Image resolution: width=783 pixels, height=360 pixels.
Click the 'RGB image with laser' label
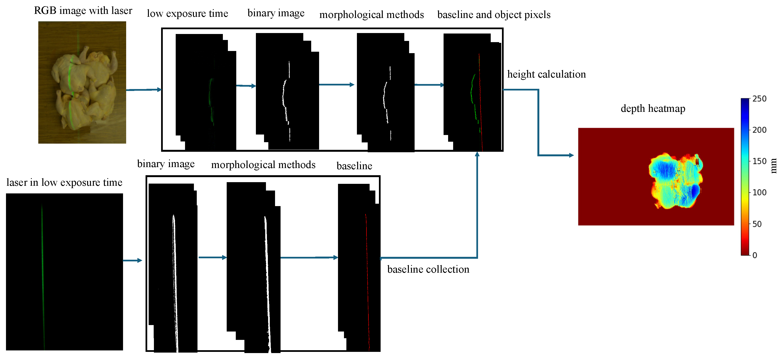83,11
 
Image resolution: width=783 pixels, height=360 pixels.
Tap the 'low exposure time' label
187,13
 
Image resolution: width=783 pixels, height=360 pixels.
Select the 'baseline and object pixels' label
494,15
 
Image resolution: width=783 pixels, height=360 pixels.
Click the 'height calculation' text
546,74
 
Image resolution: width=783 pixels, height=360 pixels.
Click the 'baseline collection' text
428,269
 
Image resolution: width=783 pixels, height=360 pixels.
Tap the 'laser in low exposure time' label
64,182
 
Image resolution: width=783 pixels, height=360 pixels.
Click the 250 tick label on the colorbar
759,99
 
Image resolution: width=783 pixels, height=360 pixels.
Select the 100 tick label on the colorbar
759,192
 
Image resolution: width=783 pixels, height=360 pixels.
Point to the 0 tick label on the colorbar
755,255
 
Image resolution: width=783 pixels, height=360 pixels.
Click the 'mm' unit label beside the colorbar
774,166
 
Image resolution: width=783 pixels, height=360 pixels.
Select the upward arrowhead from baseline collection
477,154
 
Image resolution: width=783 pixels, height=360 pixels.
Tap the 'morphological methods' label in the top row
372,15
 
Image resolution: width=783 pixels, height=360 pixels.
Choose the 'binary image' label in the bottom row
166,164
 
